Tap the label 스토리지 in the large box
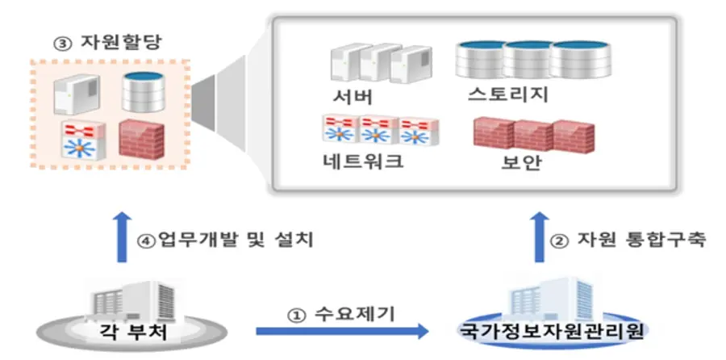[508, 95]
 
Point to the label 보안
[520, 162]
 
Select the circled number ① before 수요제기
[298, 312]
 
